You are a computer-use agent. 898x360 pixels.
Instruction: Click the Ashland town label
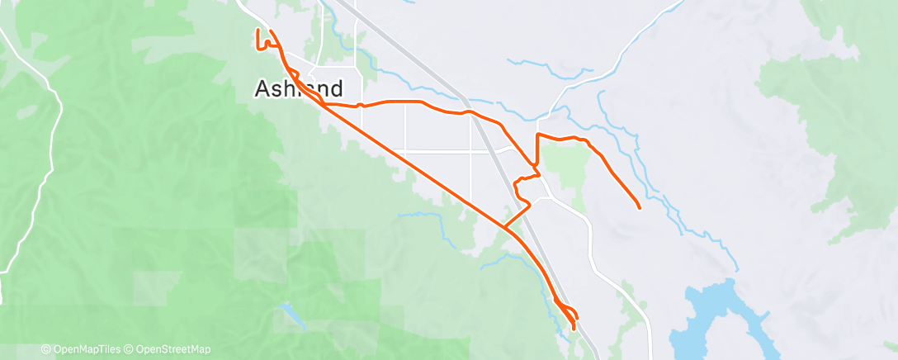coord(309,88)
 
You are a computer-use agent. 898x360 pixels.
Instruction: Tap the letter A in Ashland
coord(263,88)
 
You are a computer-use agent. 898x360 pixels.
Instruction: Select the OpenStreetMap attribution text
coord(170,349)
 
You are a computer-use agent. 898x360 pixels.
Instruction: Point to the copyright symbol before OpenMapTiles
coord(45,349)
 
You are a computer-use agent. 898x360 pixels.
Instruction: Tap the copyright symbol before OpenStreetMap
coord(130,349)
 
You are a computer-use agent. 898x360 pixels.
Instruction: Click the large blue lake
coord(709,318)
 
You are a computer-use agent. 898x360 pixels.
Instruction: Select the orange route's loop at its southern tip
coord(569,315)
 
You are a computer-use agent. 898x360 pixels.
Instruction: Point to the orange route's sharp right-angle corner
coord(538,135)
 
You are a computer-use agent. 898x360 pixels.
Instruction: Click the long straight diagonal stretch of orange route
coord(413,164)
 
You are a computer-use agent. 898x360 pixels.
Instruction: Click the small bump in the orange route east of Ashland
coord(361,104)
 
